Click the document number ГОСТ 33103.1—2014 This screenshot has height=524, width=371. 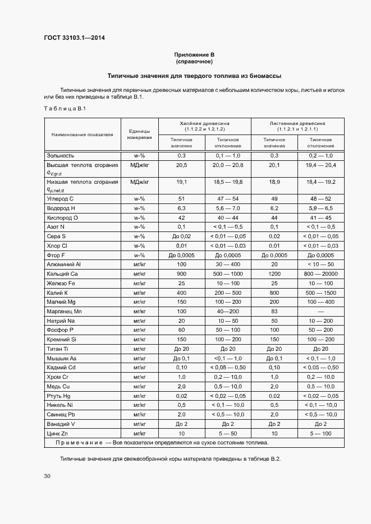coord(74,38)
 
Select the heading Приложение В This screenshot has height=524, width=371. coord(194,54)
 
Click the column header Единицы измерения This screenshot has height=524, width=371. coord(139,133)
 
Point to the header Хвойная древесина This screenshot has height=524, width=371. coord(204,122)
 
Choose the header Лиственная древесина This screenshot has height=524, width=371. coord(297,122)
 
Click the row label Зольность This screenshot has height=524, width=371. coord(61,155)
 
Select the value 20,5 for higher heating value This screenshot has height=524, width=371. coord(181,166)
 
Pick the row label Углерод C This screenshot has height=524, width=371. coord(60,198)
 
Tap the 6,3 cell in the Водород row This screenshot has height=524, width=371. coord(181,208)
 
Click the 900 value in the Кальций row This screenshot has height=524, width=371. coord(181,273)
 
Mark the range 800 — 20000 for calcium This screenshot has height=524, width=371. coord(322,273)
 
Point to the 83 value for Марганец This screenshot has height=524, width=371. coord(274,310)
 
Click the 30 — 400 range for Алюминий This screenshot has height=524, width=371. coord(228,264)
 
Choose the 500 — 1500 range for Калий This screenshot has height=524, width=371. coord(322,293)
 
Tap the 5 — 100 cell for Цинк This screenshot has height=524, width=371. coord(322,433)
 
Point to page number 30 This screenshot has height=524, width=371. coord(47,476)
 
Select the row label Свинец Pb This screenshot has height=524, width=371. coord(62,414)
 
